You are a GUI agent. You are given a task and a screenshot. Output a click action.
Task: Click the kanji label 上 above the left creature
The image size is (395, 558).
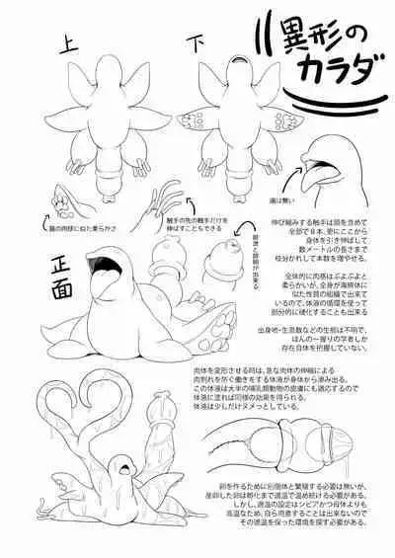67,42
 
